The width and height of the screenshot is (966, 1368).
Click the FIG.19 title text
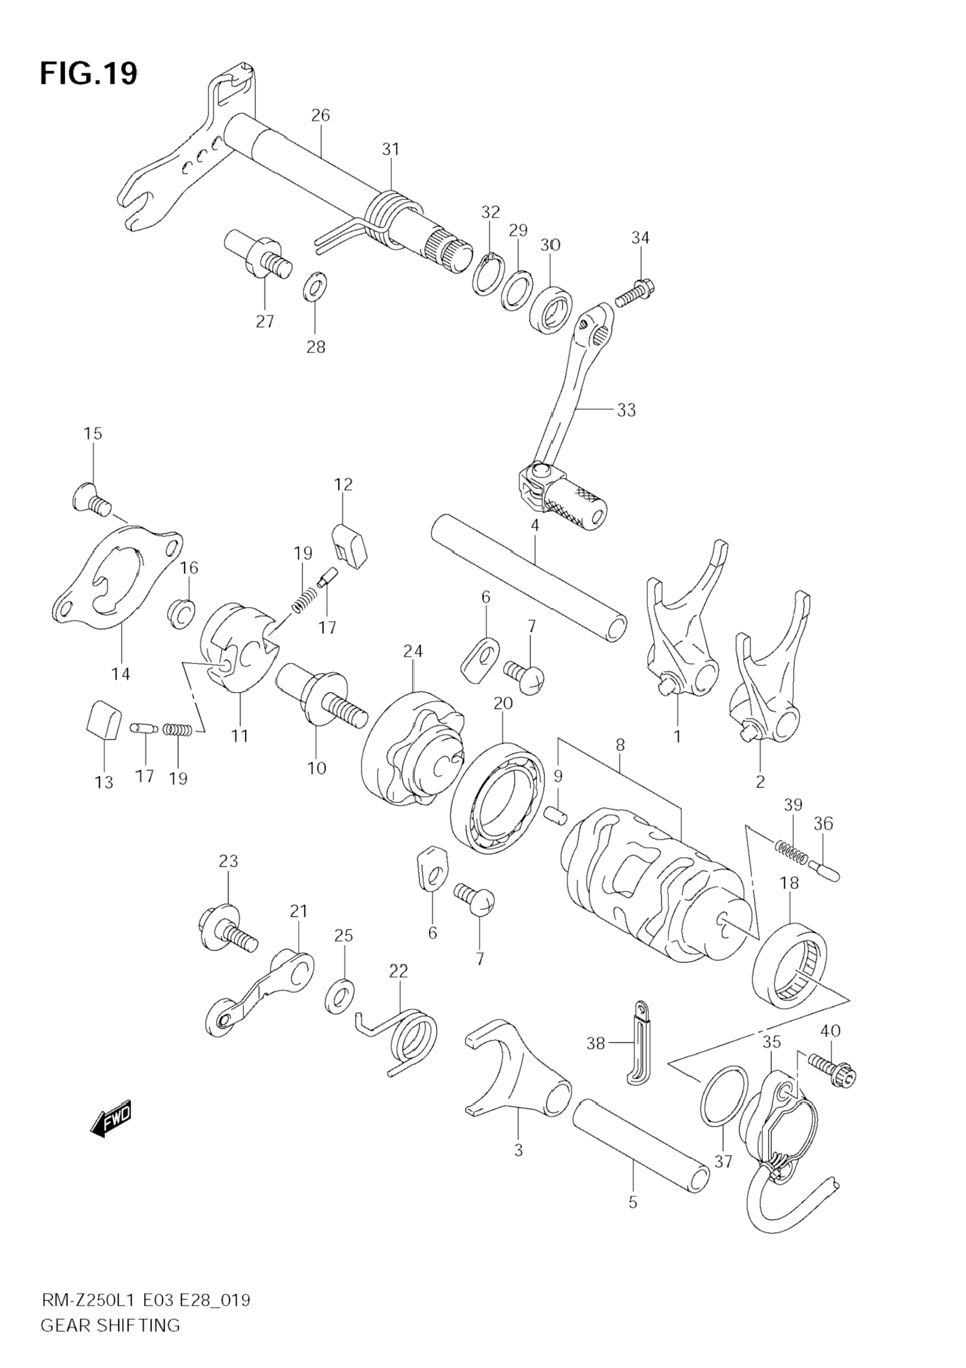[88, 74]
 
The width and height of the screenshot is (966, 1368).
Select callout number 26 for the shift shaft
[320, 115]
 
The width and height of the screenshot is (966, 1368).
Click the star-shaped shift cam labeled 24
[413, 750]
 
